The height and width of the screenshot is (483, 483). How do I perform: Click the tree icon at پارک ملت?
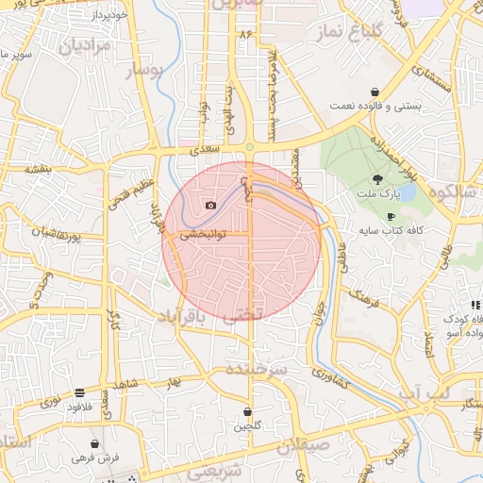click(378, 178)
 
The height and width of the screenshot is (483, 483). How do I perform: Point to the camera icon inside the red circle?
click(209, 205)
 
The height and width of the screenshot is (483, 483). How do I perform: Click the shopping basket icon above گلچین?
click(247, 411)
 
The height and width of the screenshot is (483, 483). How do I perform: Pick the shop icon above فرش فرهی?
click(94, 442)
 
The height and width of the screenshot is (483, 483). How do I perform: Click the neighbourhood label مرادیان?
click(86, 44)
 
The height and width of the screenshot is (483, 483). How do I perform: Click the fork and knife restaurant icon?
click(476, 305)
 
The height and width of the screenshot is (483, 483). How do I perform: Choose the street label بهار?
click(172, 384)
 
